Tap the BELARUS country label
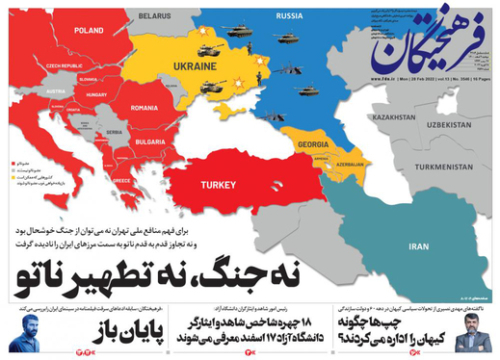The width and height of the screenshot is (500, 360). point(154,16)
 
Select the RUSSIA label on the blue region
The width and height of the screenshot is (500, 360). point(289,16)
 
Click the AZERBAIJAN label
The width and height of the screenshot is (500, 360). point(350,164)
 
